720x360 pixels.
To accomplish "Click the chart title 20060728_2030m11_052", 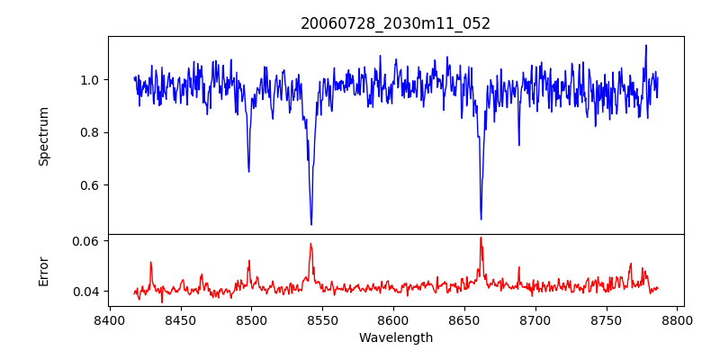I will (395, 23).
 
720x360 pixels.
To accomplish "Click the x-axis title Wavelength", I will (395, 338).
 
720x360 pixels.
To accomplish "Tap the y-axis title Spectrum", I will (43, 136).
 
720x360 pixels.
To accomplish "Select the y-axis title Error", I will (43, 269).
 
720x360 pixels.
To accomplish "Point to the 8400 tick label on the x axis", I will (109, 319).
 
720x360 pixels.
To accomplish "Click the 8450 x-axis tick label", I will (180, 319).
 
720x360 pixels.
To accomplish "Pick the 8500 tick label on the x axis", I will (251, 319).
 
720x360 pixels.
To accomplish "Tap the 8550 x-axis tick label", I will (322, 319).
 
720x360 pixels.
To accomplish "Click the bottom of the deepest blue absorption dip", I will (311, 224).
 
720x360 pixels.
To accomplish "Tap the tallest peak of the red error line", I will (481, 238).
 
